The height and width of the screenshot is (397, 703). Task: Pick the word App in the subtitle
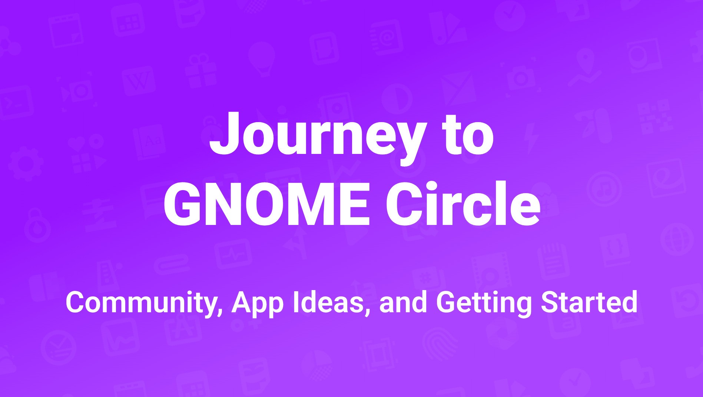(x=258, y=303)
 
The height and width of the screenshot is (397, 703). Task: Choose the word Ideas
(x=332, y=303)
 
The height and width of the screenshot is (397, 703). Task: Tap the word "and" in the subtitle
(x=403, y=302)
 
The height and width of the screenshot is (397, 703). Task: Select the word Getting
(x=484, y=303)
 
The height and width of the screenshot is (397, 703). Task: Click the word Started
(x=589, y=302)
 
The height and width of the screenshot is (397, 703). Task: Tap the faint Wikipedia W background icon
(x=139, y=80)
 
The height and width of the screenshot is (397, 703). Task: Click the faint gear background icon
(x=25, y=163)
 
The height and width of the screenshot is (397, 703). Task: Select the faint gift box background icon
(x=201, y=71)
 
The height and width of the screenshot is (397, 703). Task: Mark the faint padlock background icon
(x=37, y=226)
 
